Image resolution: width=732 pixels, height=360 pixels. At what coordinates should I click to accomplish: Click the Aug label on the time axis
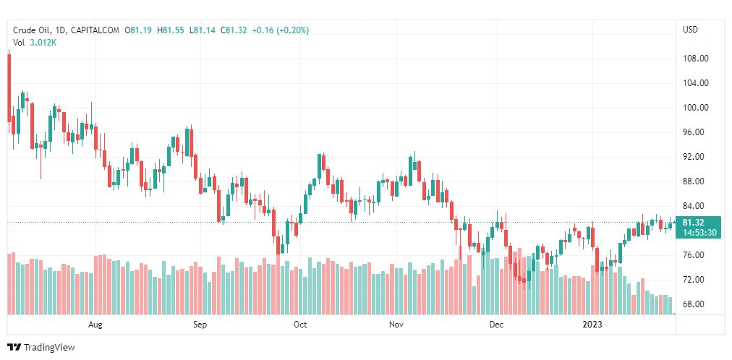point(95,325)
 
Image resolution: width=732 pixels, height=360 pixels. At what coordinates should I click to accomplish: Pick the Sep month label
point(200,325)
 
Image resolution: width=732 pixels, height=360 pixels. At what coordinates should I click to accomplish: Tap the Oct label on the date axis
point(300,325)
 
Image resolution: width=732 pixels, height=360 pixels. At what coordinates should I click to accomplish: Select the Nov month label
point(396,325)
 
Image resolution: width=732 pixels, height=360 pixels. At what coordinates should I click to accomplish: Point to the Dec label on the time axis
point(495,325)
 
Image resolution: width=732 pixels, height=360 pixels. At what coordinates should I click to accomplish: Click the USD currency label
point(690,30)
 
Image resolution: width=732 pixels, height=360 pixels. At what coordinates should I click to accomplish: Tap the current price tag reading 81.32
point(693,223)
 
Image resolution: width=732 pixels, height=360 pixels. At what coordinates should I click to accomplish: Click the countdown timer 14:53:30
point(699,232)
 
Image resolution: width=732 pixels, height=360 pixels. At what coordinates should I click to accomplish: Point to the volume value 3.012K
point(43,43)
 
